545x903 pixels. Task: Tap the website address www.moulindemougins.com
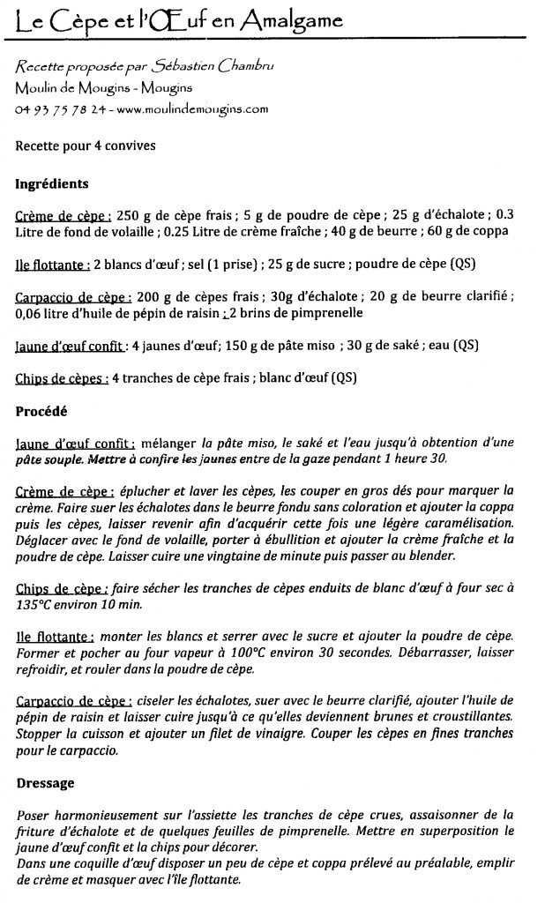tap(191, 109)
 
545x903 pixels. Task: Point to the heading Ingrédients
tap(52, 184)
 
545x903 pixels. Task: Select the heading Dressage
tap(45, 782)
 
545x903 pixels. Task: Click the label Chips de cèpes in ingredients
tap(62, 379)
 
